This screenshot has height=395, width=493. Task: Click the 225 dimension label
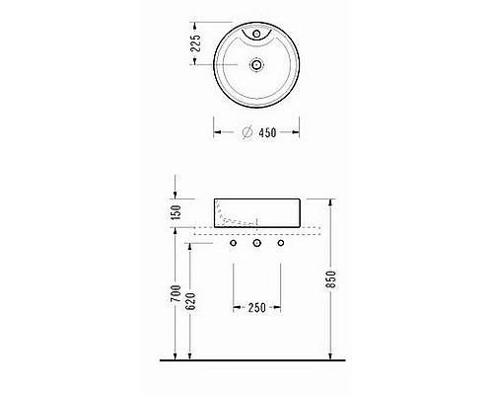(195, 43)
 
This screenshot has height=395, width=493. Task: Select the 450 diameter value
(267, 132)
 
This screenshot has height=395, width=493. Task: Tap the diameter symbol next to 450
(247, 132)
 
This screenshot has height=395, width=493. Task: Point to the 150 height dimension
(176, 212)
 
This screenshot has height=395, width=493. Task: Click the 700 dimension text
(176, 293)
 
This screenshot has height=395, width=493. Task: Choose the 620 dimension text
(190, 301)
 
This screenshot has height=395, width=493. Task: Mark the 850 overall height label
(331, 279)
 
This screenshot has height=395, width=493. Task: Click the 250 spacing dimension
(257, 308)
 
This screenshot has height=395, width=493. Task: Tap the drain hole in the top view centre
(256, 64)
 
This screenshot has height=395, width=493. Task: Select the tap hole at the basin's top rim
(256, 34)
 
